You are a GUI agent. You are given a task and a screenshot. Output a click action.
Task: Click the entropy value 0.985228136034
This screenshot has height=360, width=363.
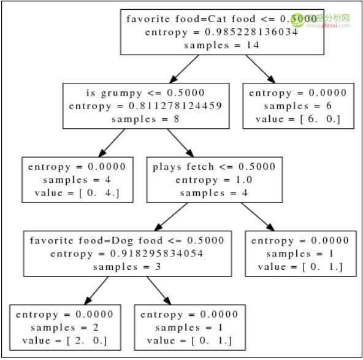[251, 32]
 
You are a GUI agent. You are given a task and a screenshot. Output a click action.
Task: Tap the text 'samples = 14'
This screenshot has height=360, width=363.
[221, 45]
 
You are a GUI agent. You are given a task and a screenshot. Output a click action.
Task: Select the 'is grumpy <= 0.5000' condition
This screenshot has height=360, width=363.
[145, 93]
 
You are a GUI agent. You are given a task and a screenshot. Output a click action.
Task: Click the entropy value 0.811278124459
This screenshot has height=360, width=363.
[175, 106]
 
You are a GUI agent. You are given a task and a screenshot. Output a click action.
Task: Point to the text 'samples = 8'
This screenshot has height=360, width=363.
[145, 119]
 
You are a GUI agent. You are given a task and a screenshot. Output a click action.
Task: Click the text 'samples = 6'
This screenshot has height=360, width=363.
[298, 106]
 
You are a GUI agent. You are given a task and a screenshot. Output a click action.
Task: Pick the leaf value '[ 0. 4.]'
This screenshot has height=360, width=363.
[99, 193]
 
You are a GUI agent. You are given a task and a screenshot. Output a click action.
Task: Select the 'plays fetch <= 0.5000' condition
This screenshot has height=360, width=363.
[214, 167]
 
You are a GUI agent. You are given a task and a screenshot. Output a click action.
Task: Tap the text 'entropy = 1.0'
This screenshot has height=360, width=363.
[213, 180]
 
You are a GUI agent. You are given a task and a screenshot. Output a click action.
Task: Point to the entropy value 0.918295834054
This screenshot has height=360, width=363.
[157, 254]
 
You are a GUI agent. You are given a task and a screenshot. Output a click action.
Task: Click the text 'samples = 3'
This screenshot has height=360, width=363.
[127, 267]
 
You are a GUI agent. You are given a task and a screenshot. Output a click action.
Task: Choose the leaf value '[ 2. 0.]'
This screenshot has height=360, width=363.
[87, 340]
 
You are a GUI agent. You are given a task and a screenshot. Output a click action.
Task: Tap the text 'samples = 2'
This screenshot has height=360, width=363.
[65, 327]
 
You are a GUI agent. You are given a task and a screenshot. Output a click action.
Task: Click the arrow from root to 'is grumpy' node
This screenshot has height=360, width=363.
[184, 69]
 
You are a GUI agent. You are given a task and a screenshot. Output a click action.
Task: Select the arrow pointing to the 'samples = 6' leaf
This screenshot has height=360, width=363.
[261, 69]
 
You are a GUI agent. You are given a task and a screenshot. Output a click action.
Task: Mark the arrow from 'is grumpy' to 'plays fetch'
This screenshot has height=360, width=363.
[180, 143]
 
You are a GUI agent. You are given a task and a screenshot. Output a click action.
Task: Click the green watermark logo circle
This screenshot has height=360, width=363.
[298, 20]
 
